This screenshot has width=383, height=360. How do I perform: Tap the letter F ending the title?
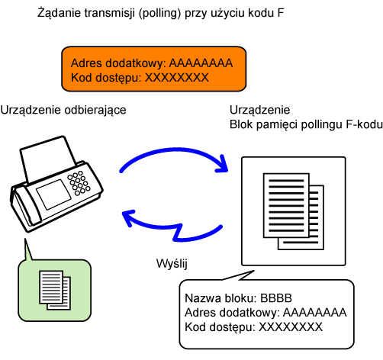tap(281, 13)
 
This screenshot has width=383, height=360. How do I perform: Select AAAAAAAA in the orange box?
tap(201, 63)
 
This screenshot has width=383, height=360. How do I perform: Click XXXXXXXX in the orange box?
tap(177, 78)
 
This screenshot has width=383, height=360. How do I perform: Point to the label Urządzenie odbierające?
tap(63, 111)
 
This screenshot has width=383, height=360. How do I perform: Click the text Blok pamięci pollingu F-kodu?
tap(306, 125)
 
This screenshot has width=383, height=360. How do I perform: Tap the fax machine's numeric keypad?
tap(79, 183)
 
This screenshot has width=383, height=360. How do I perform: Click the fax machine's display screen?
tap(53, 194)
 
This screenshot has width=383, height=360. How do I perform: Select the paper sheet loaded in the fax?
tap(48, 159)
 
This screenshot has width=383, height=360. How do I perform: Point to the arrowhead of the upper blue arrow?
tap(222, 164)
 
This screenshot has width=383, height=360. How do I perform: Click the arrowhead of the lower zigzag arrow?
tap(129, 217)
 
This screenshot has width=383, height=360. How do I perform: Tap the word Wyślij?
tap(172, 264)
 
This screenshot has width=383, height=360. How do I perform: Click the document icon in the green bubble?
tap(55, 290)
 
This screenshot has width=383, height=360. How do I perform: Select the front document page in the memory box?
tap(286, 205)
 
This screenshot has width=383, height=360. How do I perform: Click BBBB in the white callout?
tap(276, 298)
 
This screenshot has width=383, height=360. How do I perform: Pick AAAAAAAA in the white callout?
tap(315, 313)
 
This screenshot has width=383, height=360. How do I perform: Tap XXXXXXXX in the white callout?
tap(291, 327)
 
